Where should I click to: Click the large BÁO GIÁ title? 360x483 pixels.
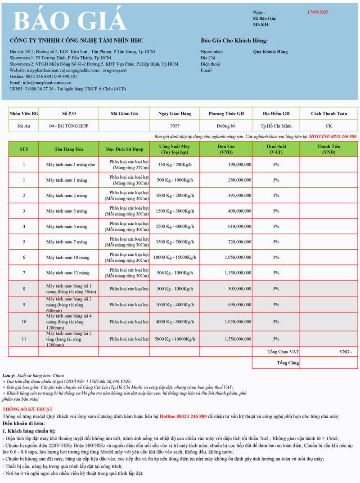click(70, 20)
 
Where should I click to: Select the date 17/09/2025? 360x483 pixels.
click(318, 12)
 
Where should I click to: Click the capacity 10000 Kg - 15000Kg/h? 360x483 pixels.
click(175, 257)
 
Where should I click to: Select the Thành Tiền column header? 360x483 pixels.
click(329, 149)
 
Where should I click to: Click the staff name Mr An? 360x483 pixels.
click(23, 126)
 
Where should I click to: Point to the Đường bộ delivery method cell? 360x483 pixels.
click(225, 126)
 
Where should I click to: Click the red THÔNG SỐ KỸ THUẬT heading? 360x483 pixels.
click(27, 409)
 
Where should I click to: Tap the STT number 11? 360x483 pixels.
click(24, 339)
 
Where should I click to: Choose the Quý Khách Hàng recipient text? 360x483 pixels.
click(270, 52)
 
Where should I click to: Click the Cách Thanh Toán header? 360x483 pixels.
click(329, 114)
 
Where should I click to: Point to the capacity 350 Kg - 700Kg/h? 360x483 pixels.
click(175, 165)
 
